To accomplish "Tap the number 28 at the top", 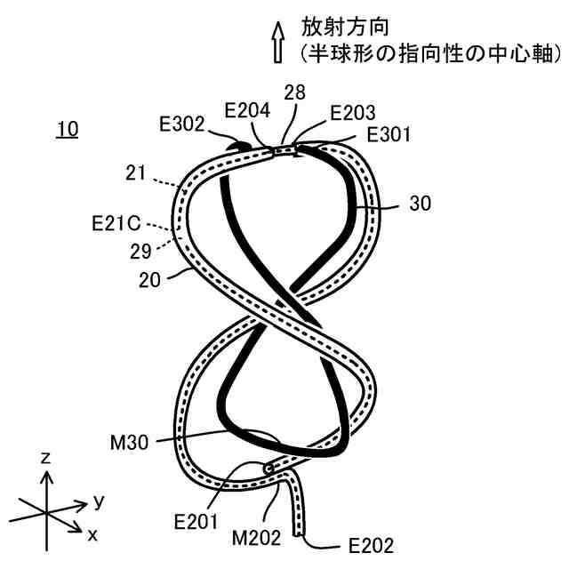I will pyautogui.click(x=295, y=93).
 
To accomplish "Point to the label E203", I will pyautogui.click(x=352, y=114).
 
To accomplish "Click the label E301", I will pyautogui.click(x=389, y=135).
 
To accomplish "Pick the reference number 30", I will pyautogui.click(x=421, y=204).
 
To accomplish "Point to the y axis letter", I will pyautogui.click(x=99, y=501).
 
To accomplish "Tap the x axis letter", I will pyautogui.click(x=92, y=534).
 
